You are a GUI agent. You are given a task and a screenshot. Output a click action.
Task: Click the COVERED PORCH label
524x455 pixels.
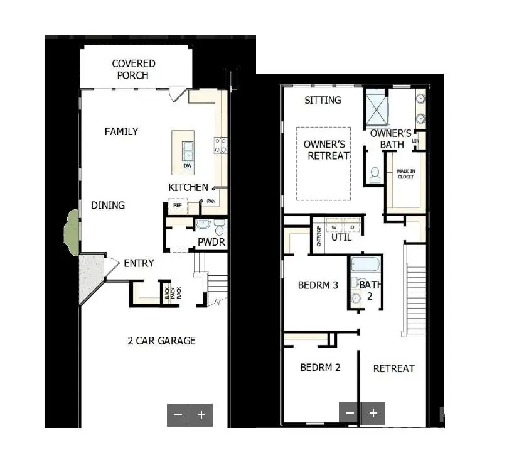(x=134, y=69)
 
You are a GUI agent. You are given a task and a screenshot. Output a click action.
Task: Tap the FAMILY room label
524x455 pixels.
(x=121, y=131)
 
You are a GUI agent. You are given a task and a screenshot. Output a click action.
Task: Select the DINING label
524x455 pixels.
(x=108, y=205)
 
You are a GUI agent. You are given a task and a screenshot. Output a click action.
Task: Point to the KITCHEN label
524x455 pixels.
(x=188, y=187)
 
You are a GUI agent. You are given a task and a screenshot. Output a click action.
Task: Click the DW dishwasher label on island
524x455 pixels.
(x=187, y=166)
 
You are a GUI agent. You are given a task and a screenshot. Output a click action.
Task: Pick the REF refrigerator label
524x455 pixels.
(x=177, y=204)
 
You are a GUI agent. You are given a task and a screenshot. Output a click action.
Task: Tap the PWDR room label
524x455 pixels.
(x=211, y=243)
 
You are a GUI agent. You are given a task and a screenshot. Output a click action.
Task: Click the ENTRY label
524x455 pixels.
(x=139, y=263)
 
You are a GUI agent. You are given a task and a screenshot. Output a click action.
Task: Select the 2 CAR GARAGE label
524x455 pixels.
(x=161, y=341)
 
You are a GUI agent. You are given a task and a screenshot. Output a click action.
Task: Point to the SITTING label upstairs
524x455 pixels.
(x=323, y=100)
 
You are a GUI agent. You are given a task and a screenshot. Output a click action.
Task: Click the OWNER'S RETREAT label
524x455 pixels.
(x=326, y=150)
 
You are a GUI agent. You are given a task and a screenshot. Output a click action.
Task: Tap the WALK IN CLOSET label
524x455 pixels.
(x=405, y=173)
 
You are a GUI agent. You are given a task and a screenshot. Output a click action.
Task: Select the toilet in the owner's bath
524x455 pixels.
(x=375, y=175)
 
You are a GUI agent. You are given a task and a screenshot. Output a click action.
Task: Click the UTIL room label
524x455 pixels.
(x=341, y=238)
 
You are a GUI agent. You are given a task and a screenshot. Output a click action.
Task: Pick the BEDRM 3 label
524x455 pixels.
(x=318, y=285)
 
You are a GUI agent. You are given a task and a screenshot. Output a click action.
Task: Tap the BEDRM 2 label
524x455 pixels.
(x=320, y=367)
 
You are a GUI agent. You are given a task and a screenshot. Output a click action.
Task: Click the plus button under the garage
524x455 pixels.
(x=201, y=415)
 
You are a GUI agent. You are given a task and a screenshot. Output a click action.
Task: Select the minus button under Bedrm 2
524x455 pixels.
(x=350, y=413)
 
